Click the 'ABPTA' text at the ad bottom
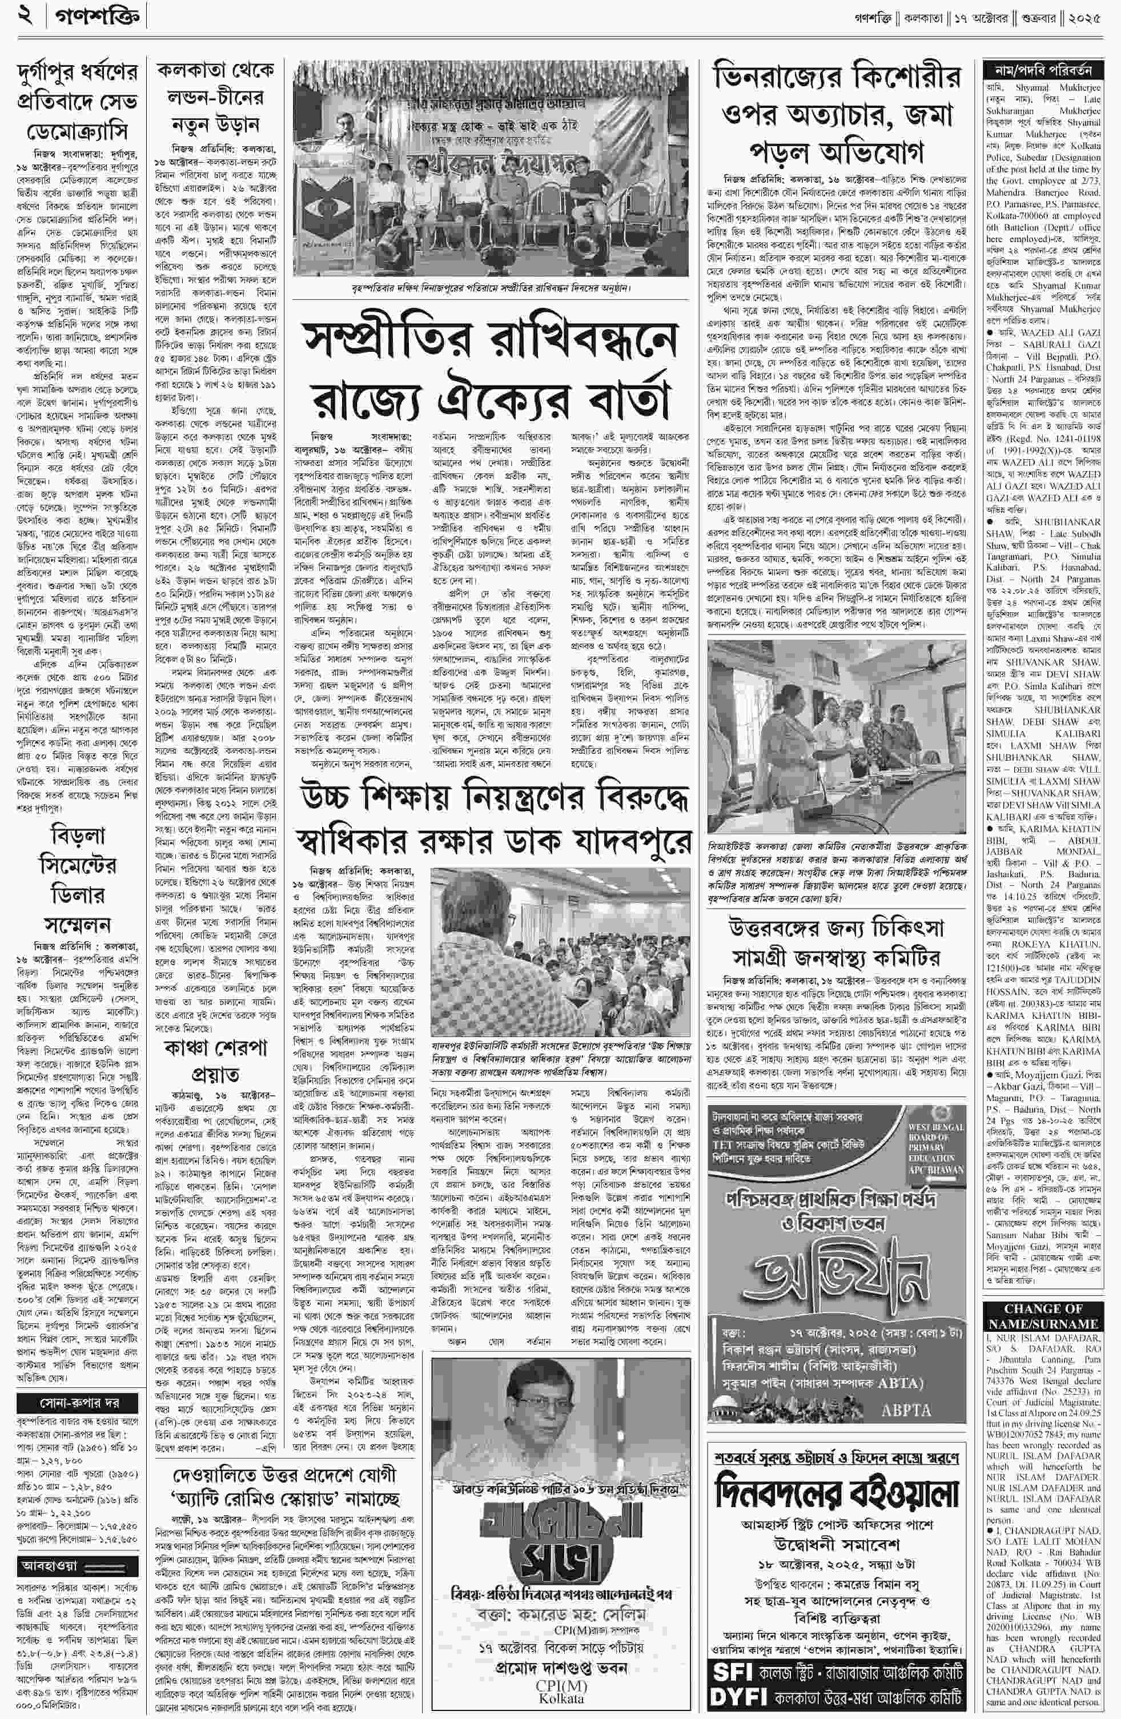906,1410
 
